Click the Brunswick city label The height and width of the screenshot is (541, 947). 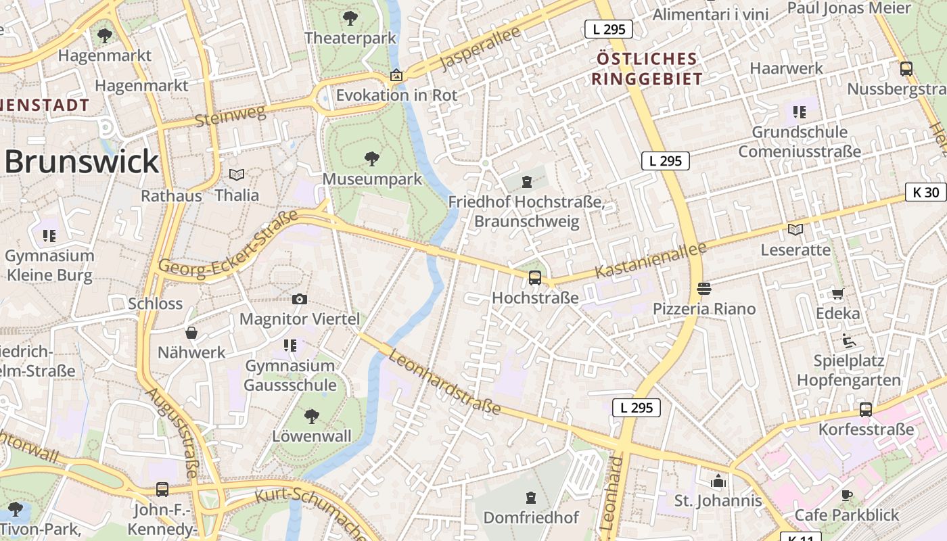click(x=81, y=162)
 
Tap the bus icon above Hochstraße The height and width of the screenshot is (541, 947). click(x=534, y=277)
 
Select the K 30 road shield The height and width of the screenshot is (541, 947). click(x=925, y=192)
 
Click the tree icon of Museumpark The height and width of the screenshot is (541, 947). click(x=371, y=160)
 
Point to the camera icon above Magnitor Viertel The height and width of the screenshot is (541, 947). click(x=300, y=299)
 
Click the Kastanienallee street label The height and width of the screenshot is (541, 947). click(x=651, y=260)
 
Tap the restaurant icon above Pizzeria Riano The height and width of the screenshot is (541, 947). click(x=703, y=289)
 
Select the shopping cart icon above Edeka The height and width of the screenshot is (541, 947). click(x=837, y=293)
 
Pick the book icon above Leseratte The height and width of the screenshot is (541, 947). click(x=795, y=230)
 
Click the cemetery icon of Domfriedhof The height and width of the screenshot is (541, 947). click(x=530, y=498)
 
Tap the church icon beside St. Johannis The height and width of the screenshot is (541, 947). click(x=718, y=481)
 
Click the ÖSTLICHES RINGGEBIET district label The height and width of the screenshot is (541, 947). click(x=647, y=69)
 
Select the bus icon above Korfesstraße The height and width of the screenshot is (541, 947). click(x=865, y=409)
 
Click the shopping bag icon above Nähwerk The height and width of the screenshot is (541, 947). click(x=191, y=333)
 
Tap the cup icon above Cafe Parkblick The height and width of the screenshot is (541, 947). click(x=846, y=495)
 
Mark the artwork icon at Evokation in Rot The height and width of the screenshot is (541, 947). click(x=396, y=75)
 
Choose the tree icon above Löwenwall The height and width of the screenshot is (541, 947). click(x=312, y=416)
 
